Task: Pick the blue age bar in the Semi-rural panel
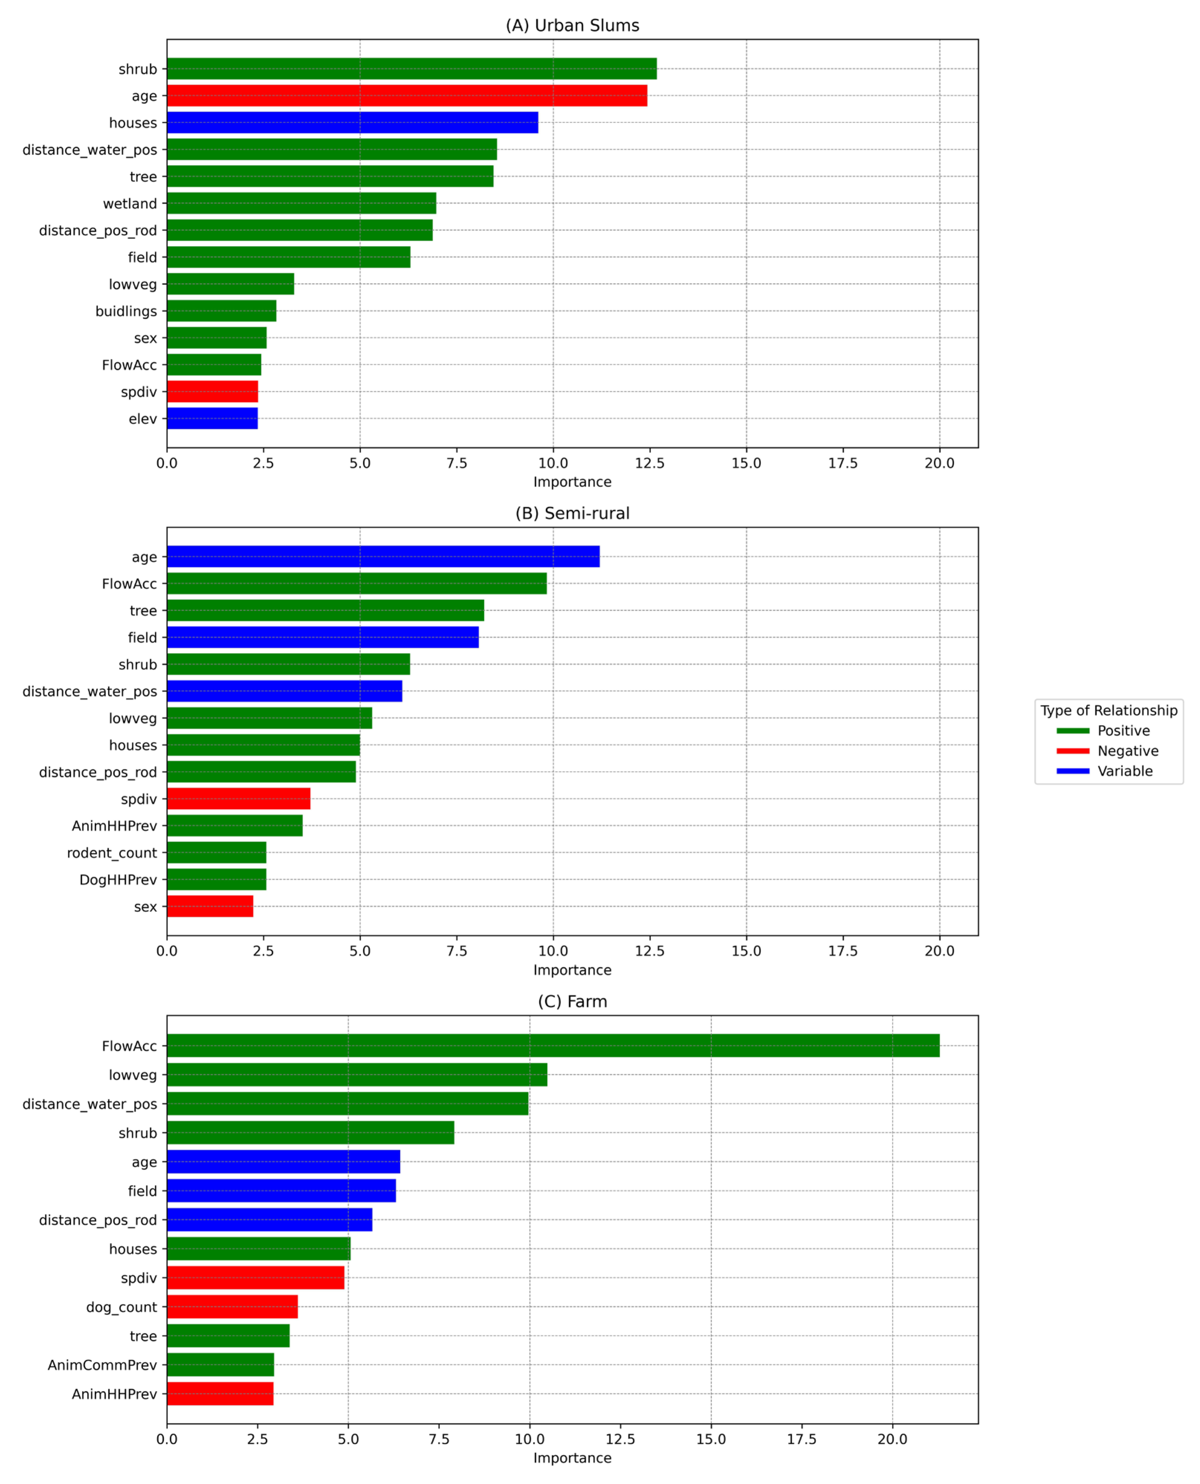click(383, 556)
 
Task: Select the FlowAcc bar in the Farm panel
click(553, 1046)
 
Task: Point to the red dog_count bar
click(232, 1307)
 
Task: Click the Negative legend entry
click(1128, 751)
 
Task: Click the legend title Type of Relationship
click(1109, 711)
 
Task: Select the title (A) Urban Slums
click(573, 26)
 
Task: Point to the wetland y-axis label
click(130, 203)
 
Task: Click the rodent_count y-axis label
click(112, 853)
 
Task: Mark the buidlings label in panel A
click(126, 311)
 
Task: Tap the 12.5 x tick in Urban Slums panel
click(650, 463)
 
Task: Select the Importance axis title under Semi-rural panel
click(573, 970)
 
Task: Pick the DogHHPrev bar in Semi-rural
click(216, 879)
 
